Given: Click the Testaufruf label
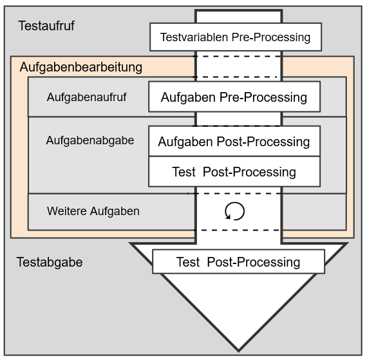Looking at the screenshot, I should [46, 26].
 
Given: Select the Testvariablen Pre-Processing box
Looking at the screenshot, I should [235, 37].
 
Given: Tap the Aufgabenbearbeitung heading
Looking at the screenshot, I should [81, 67].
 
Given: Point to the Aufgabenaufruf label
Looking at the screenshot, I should [86, 97].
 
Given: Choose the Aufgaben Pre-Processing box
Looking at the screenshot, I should [234, 98].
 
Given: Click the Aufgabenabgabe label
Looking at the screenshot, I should [90, 140].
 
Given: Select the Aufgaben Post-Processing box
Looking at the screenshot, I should [234, 142].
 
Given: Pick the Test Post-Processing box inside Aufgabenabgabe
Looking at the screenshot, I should [234, 172].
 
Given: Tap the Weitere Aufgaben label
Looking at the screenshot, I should [93, 211].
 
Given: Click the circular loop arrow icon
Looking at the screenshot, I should [235, 211].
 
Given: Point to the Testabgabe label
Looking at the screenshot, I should [50, 262].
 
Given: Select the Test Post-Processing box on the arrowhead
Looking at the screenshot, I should [238, 262].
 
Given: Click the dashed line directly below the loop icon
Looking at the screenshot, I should [238, 230].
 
